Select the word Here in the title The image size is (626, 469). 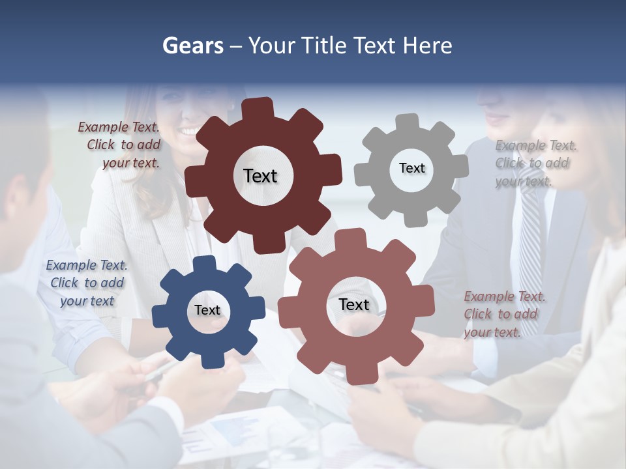(x=427, y=46)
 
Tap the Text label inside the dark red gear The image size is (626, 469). (x=260, y=176)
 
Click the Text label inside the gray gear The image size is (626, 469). (x=411, y=168)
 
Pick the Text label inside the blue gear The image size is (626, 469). (x=207, y=311)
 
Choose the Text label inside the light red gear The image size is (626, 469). (x=354, y=305)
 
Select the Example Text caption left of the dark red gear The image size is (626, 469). (x=119, y=145)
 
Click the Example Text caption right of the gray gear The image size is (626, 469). (x=535, y=163)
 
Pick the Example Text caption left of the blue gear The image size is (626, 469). (x=86, y=283)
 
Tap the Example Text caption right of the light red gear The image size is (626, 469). (x=503, y=314)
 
